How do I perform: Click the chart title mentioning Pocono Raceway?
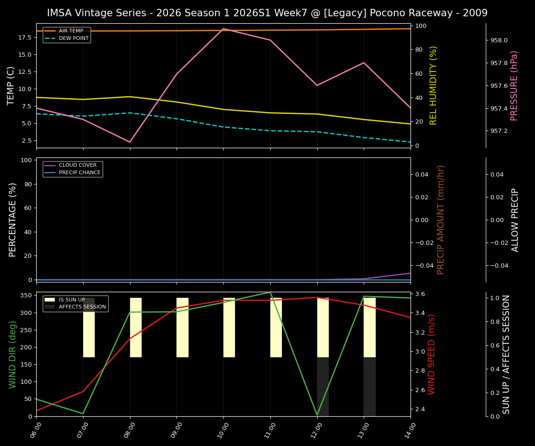tap(267, 13)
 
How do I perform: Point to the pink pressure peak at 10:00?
tap(223, 29)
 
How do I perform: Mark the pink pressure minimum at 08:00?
tap(130, 142)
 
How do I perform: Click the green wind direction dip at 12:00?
tap(317, 415)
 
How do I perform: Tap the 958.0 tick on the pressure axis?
tap(499, 40)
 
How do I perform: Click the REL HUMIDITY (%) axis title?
tap(433, 85)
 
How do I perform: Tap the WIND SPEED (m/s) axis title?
tap(432, 354)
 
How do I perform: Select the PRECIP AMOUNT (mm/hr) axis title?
tap(441, 220)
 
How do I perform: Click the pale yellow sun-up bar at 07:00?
tap(89, 328)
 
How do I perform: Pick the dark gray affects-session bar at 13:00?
tap(369, 387)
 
